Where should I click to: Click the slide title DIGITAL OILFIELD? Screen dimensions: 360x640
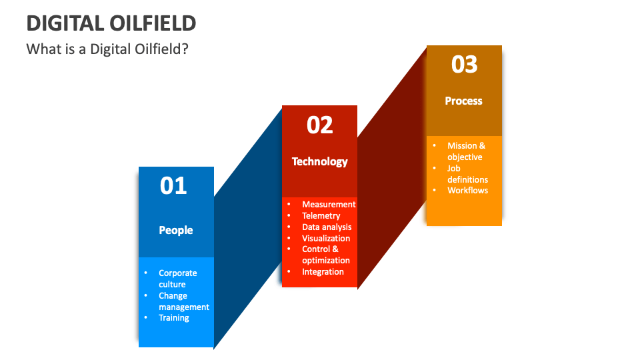111,23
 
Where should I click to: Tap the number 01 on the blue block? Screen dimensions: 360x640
174,185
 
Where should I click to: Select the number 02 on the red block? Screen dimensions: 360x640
319,125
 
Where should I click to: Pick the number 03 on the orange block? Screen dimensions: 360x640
464,64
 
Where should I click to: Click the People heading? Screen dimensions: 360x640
176,230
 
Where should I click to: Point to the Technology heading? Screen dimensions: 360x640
320,161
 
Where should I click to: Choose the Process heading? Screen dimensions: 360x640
463,101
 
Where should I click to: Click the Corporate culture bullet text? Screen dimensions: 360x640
177,279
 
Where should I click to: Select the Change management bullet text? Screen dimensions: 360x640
183,301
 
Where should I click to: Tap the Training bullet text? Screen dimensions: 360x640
174,318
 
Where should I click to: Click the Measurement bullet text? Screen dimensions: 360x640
329,205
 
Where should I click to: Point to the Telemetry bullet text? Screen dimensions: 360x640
321,216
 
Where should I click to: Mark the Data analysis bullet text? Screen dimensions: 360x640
327,227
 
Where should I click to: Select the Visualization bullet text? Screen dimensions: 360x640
326,238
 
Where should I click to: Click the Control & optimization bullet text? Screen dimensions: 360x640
325,255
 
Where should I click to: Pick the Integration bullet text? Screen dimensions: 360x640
323,272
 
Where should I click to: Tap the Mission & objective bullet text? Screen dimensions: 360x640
466,151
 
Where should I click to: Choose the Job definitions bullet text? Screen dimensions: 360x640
467,174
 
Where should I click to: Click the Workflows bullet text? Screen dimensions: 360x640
467,191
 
